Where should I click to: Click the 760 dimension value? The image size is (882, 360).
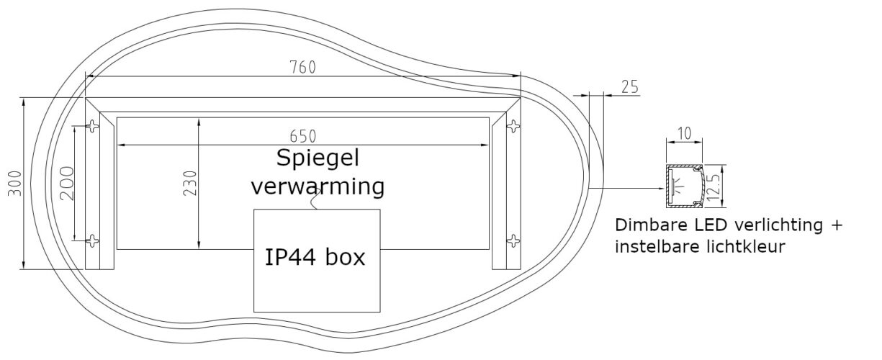coord(302,68)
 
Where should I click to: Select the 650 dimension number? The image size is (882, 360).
coord(302,136)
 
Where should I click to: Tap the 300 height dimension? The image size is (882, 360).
coord(15,183)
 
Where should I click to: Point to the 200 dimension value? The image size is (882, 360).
coord(67,183)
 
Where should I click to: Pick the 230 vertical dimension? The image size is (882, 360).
coord(190,183)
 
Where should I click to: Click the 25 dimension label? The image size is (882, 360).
coord(630,86)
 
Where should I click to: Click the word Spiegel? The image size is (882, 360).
coord(318,158)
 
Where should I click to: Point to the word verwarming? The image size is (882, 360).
coord(318,186)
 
